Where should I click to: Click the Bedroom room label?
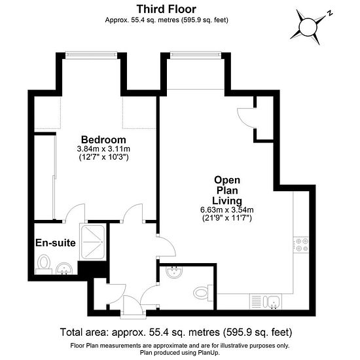point(103,140)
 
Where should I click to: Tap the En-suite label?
point(56,243)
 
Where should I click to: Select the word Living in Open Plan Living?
point(227,201)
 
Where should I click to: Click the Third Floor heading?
point(166,9)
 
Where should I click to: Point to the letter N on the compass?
point(330,13)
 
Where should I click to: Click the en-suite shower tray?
point(93,242)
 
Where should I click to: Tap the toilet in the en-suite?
point(44,264)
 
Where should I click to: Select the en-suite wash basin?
point(64,268)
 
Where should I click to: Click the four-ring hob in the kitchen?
point(300,245)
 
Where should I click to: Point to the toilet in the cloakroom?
point(203,293)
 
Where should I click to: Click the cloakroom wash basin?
point(174,272)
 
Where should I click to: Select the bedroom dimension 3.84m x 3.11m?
point(103,149)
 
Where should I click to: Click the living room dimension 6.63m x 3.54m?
point(227,210)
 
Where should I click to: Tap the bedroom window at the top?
point(91,54)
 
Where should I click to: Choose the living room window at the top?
point(196,54)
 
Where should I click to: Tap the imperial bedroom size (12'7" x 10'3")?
point(103,157)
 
